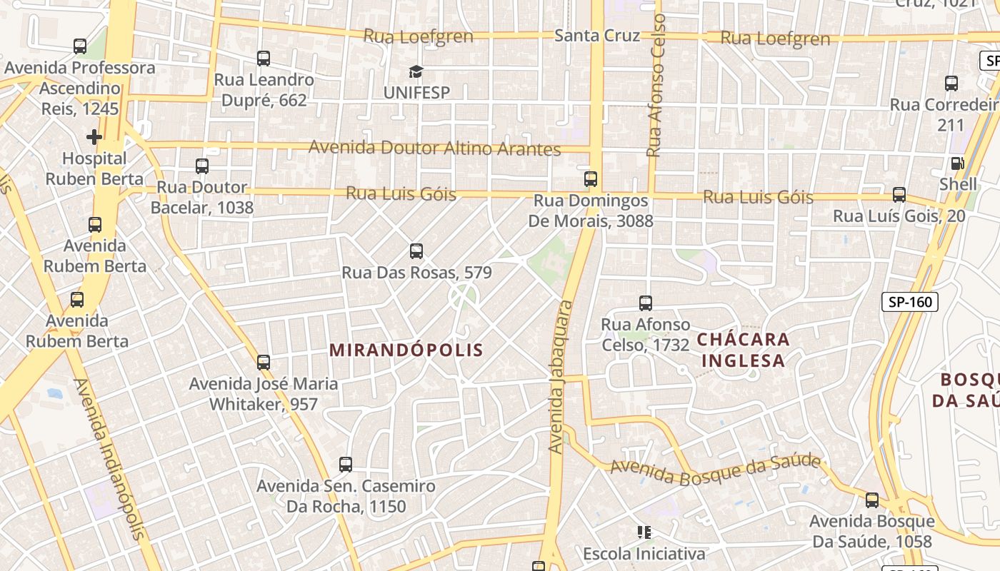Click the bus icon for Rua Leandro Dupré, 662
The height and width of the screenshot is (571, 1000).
(264, 59)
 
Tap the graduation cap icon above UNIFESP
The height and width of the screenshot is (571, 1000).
(416, 71)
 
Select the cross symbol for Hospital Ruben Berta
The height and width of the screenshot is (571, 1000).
(94, 136)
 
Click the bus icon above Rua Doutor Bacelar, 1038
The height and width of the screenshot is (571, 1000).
(202, 166)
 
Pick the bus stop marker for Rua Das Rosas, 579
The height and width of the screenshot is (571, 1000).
(416, 251)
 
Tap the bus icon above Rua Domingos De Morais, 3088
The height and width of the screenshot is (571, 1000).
(591, 179)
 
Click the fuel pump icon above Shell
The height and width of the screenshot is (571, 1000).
(957, 163)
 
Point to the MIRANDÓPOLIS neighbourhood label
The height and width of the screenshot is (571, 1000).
(406, 350)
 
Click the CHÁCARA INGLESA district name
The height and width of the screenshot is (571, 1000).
(743, 350)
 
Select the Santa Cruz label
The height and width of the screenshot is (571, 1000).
(597, 36)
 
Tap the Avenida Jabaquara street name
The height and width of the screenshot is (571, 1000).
(561, 376)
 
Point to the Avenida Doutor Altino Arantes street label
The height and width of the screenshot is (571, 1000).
(434, 148)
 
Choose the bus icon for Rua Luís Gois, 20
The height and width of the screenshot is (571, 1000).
(899, 195)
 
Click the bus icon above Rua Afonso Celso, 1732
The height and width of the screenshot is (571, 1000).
(646, 303)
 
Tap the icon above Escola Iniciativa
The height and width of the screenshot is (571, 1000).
(644, 532)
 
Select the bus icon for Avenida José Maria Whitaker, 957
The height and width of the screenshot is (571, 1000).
(264, 363)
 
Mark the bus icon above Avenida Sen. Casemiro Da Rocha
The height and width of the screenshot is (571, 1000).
(346, 465)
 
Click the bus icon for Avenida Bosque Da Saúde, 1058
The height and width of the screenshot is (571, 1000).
(871, 500)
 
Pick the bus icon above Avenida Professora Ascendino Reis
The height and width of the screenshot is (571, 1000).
(80, 46)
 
